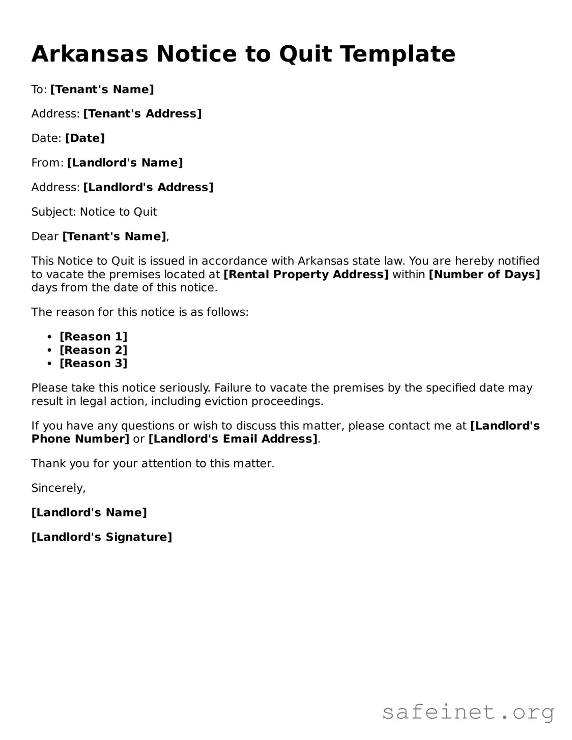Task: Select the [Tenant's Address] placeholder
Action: click(142, 113)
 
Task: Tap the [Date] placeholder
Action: click(85, 138)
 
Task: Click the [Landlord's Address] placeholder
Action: click(148, 187)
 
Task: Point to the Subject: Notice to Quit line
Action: click(94, 212)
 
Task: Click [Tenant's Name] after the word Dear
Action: click(114, 236)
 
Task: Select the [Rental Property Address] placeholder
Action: click(306, 274)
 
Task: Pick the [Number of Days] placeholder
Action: click(484, 274)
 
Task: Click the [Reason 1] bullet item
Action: click(94, 337)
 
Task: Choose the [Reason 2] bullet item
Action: click(94, 350)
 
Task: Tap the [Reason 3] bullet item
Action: click(94, 363)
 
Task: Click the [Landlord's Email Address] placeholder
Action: click(233, 439)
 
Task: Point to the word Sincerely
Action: click(59, 488)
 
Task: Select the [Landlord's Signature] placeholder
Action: click(102, 537)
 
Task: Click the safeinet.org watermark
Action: click(468, 712)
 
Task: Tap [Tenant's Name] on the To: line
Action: click(102, 89)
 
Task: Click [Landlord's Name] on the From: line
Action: click(125, 163)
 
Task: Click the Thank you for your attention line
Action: click(153, 463)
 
